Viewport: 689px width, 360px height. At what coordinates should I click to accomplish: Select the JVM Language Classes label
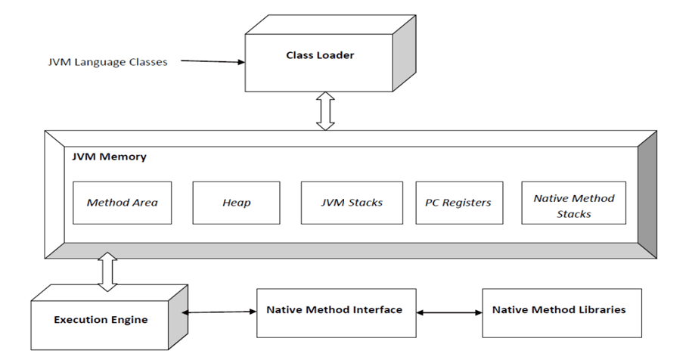107,62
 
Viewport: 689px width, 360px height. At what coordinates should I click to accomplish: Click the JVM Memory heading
109,157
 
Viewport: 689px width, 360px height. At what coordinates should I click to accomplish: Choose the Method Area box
122,203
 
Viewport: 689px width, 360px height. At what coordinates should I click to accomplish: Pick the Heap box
236,203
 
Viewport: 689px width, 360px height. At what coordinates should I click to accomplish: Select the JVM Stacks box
352,203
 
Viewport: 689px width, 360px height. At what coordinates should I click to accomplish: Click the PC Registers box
459,203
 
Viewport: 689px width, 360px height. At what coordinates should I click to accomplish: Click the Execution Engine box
101,319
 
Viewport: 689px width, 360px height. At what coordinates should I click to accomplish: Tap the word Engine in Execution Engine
129,320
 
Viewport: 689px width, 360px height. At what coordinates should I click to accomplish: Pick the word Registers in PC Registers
467,203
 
